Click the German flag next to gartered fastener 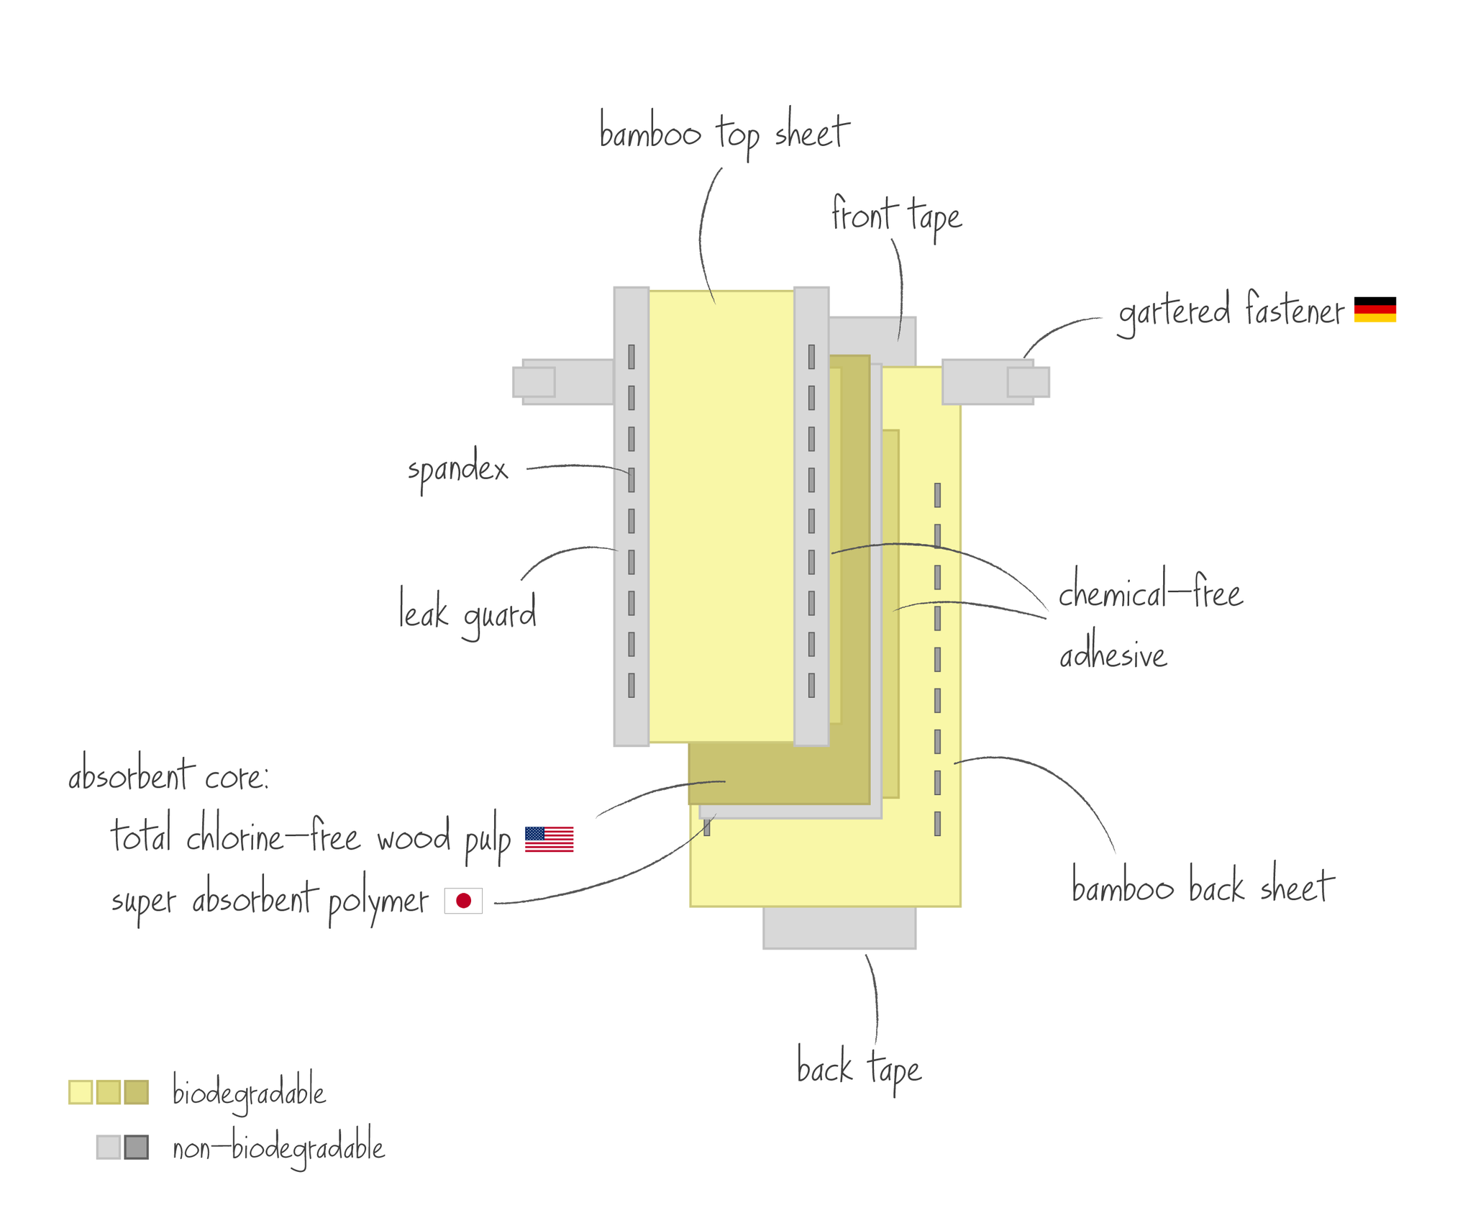(1374, 309)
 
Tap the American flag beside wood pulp (549, 839)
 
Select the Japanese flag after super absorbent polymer (463, 900)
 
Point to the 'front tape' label (896, 216)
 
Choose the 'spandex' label (458, 470)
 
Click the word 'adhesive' (1113, 655)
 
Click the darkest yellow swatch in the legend (136, 1091)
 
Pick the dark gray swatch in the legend (136, 1147)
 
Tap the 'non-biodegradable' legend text (278, 1148)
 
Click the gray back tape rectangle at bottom (839, 927)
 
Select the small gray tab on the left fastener (534, 382)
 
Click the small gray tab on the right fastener (1028, 382)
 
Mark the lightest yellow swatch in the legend (81, 1091)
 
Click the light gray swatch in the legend (109, 1147)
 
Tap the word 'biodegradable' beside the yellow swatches (249, 1092)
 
